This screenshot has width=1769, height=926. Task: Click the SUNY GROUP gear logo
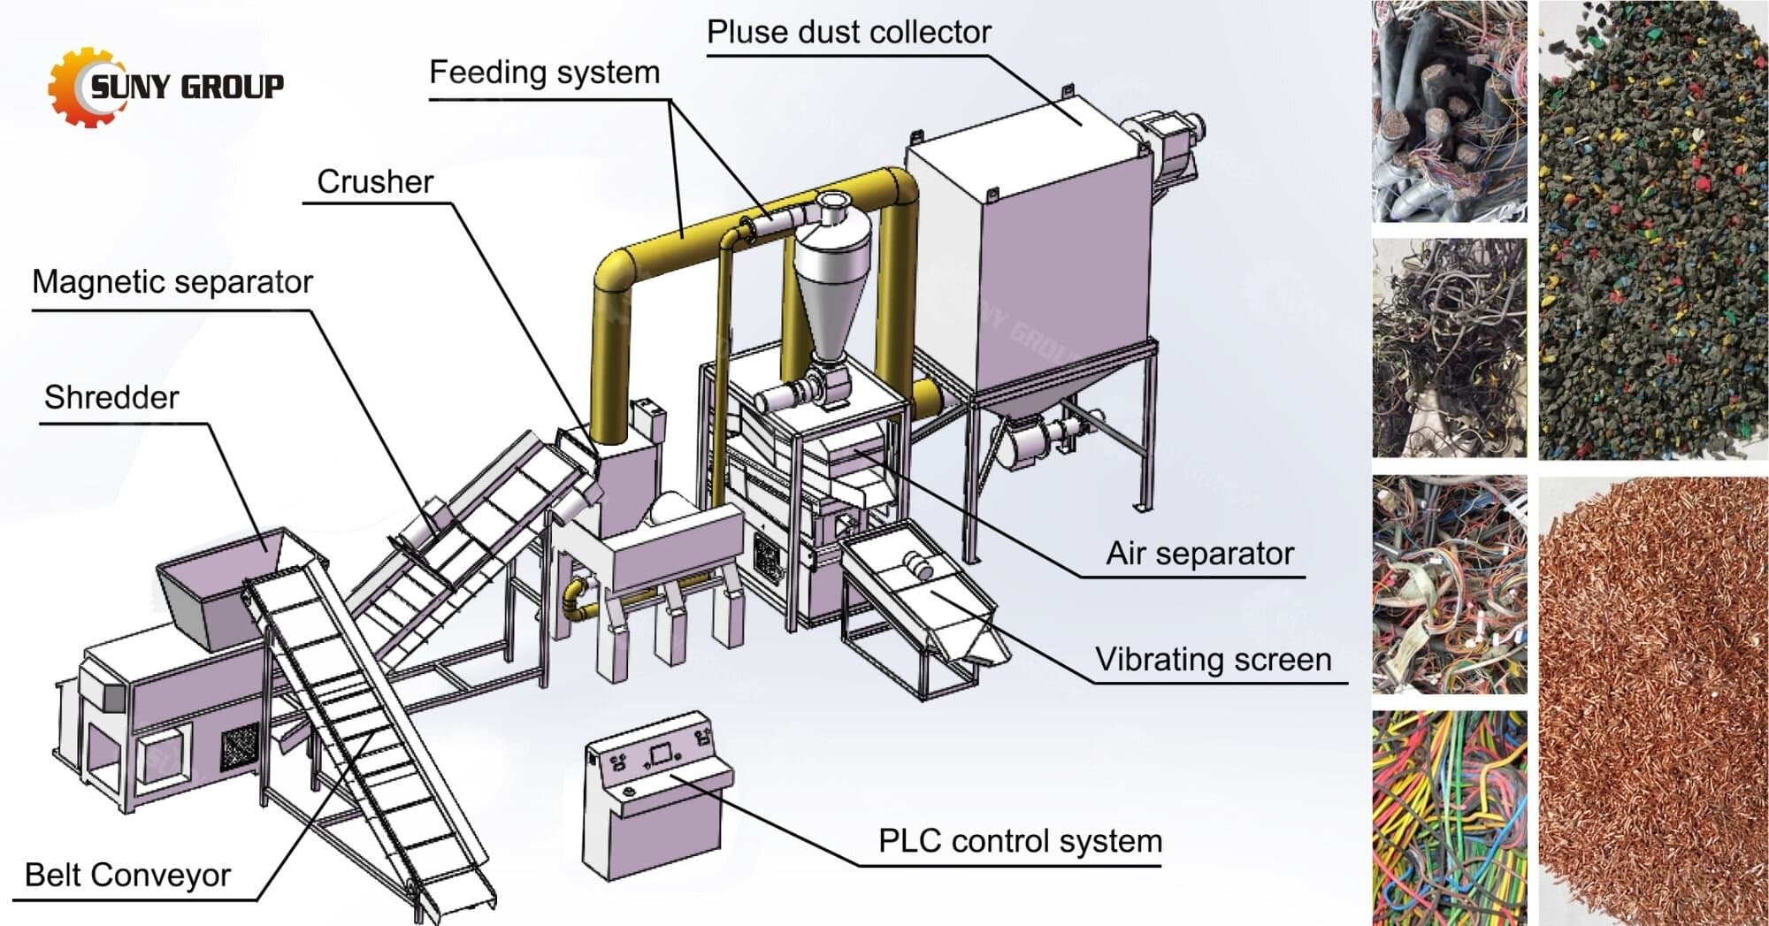[x=84, y=88]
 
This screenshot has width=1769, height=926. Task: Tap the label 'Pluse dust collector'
[x=848, y=33]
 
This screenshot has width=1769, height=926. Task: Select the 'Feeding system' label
[x=544, y=73]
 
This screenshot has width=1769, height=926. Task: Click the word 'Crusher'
[x=375, y=182]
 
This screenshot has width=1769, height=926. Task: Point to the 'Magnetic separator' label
[x=172, y=282]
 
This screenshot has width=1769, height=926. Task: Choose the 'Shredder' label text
[x=111, y=398]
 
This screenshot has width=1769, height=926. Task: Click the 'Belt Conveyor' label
[x=128, y=876]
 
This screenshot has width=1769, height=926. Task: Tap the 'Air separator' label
[x=1199, y=554]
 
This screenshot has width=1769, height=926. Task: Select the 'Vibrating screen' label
[x=1213, y=660]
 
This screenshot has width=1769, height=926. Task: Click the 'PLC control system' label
[x=1019, y=841]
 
